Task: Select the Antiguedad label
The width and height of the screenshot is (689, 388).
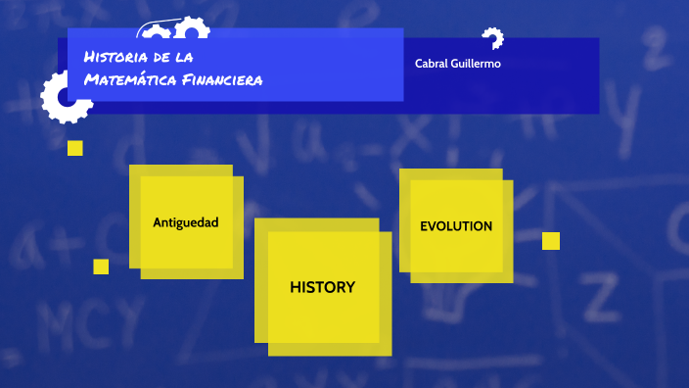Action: point(185,222)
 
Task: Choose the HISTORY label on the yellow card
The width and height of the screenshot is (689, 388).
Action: point(322,287)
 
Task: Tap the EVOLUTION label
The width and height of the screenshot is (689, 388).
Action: point(456,226)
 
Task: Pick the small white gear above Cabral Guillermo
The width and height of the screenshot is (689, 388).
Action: point(492,38)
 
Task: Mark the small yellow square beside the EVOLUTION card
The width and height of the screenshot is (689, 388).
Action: point(551,241)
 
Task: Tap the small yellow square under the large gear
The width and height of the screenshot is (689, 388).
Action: point(75,148)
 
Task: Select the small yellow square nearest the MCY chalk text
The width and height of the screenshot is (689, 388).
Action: point(101,267)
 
